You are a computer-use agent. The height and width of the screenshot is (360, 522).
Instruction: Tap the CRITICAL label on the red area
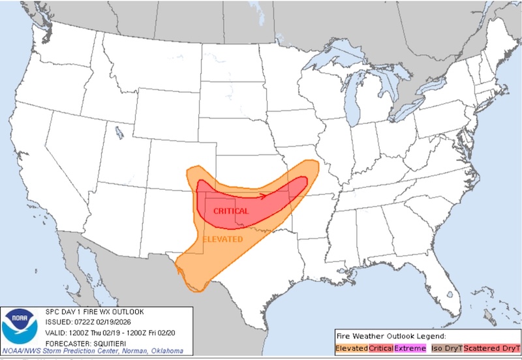(x=230, y=211)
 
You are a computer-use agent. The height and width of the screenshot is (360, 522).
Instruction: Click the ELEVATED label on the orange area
(x=223, y=239)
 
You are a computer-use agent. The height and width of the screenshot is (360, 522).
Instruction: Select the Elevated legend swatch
(x=351, y=349)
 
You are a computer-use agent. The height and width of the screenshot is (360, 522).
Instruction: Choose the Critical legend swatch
(x=380, y=349)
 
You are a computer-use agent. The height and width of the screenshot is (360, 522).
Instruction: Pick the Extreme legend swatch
(x=410, y=349)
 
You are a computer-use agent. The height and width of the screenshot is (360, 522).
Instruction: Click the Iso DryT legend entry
(x=447, y=349)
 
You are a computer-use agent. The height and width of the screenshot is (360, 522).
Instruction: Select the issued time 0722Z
(x=83, y=322)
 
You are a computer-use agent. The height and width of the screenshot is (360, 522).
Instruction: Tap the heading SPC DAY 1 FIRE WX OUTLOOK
(x=94, y=311)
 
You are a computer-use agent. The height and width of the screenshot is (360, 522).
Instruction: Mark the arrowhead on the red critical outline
(x=262, y=194)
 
